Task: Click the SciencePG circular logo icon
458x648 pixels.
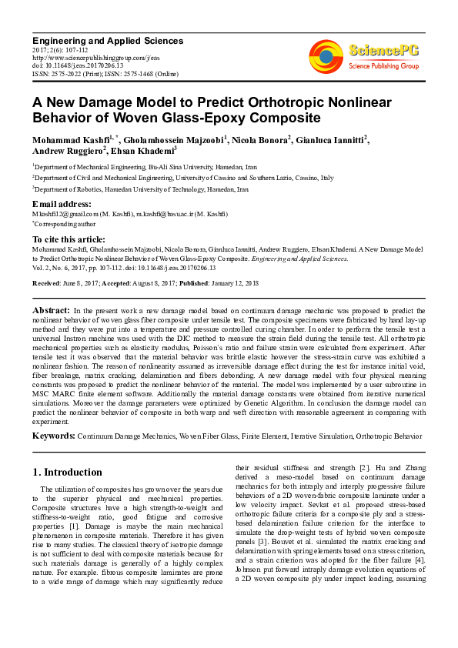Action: pyautogui.click(x=326, y=55)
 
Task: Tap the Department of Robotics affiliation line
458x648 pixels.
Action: pyautogui.click(x=142, y=189)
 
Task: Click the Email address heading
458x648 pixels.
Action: pyautogui.click(x=62, y=203)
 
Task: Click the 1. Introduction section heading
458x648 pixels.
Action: pyautogui.click(x=68, y=472)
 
